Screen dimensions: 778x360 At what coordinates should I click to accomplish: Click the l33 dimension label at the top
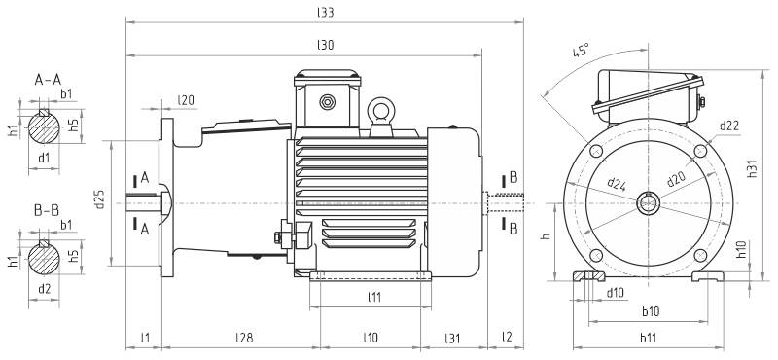pos(325,13)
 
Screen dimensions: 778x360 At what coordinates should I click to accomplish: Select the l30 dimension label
pos(325,45)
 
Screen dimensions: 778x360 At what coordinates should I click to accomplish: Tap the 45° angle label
pos(580,52)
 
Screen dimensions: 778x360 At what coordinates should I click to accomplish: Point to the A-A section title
pos(48,79)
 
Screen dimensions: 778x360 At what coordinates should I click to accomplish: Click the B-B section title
pos(46,210)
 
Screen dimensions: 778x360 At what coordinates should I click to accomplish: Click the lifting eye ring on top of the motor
pos(382,109)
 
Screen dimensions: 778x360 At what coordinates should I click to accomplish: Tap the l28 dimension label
pos(244,339)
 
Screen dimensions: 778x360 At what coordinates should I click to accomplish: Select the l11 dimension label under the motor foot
pos(374,297)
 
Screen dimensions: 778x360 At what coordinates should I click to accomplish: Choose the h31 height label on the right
pos(752,169)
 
